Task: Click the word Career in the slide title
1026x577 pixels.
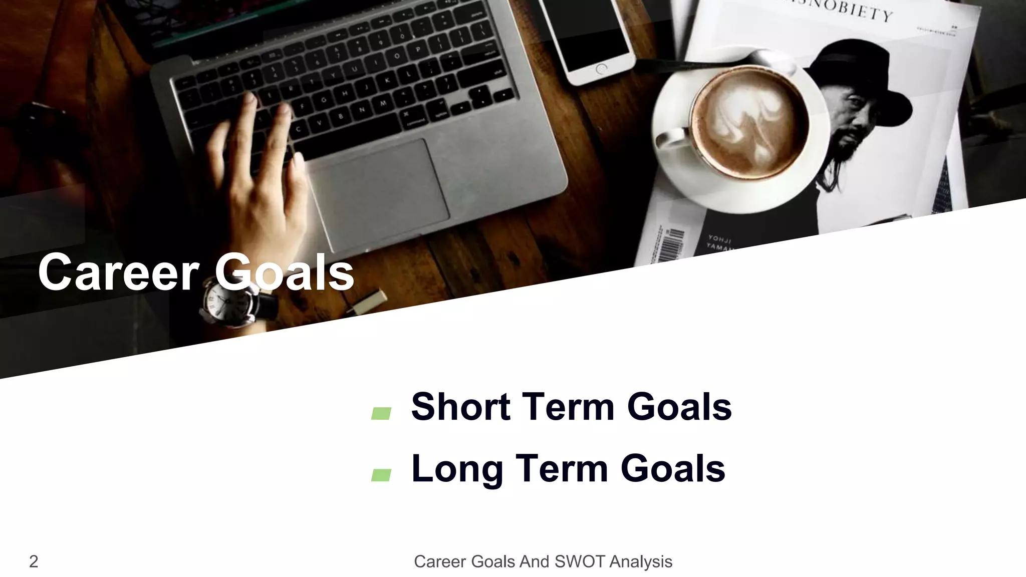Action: click(118, 273)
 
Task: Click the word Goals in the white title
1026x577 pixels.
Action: click(285, 273)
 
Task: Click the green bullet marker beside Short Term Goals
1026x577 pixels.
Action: click(381, 413)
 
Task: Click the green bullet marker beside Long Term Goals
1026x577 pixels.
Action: click(381, 475)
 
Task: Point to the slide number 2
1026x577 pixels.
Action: click(34, 561)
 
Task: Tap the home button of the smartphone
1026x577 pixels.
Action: click(601, 69)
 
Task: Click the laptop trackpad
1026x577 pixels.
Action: click(378, 193)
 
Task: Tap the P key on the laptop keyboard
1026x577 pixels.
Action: click(417, 50)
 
